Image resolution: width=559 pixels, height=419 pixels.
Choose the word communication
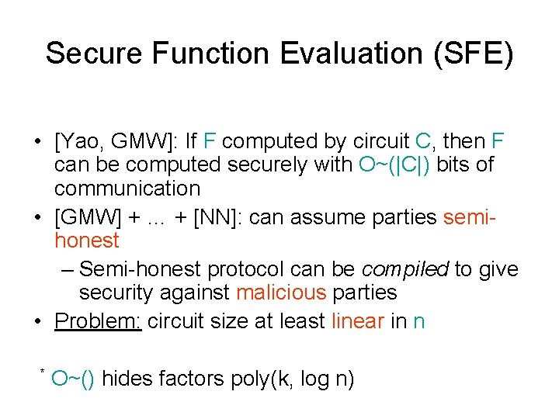coord(127,188)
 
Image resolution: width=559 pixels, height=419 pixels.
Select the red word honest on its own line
coord(87,241)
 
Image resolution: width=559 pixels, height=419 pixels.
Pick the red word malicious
coord(281,293)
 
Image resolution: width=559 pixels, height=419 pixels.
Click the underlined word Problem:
coord(98,321)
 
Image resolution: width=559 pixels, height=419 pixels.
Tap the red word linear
coord(358,321)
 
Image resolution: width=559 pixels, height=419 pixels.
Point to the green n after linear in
coord(419,321)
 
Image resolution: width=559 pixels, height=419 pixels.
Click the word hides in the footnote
coord(124,379)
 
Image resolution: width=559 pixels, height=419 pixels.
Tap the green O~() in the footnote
coord(72,379)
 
